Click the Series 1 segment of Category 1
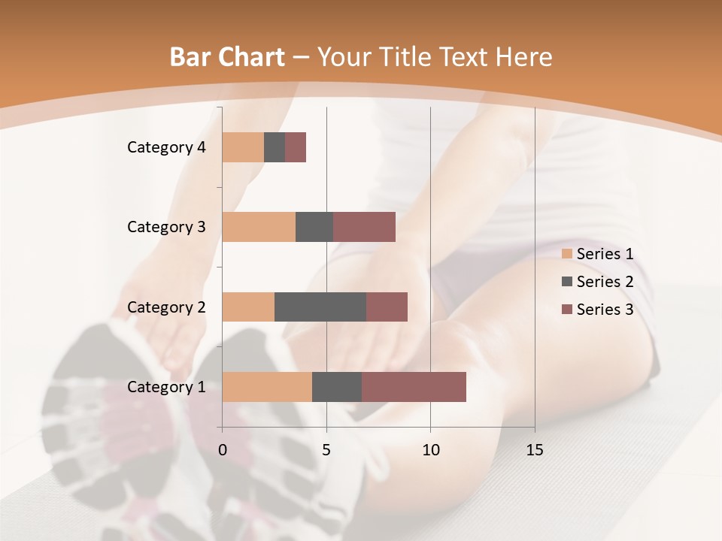[267, 386]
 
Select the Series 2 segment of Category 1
[337, 386]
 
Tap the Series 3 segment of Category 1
[414, 386]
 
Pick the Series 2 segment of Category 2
[320, 307]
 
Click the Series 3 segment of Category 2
[387, 307]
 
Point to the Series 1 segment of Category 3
[259, 227]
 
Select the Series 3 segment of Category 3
[364, 227]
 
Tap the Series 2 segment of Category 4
[275, 147]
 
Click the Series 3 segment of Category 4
[296, 147]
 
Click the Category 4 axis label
[166, 147]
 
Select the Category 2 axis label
[166, 307]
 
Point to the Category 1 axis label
[166, 386]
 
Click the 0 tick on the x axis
[223, 450]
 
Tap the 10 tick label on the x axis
[430, 450]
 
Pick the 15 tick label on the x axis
[535, 450]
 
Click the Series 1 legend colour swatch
[567, 254]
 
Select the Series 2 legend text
[605, 282]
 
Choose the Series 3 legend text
[605, 310]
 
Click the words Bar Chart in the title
[227, 56]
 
